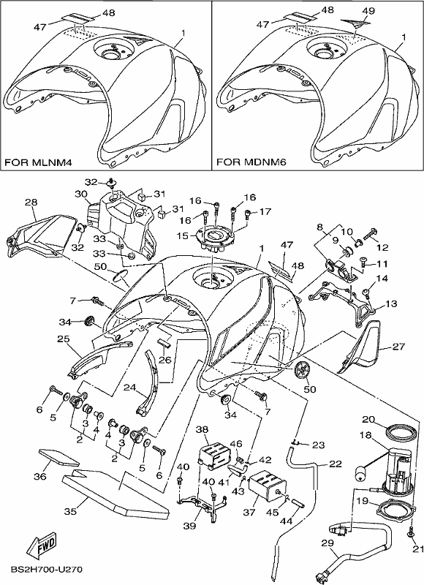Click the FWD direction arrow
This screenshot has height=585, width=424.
pyautogui.click(x=44, y=545)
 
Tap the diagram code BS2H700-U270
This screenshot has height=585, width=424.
pyautogui.click(x=47, y=570)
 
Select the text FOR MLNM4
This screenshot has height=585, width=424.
pyautogui.click(x=38, y=162)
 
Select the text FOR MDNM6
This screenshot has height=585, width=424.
pyautogui.click(x=251, y=162)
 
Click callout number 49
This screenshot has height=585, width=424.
pyautogui.click(x=368, y=11)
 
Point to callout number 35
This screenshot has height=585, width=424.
pyautogui.click(x=70, y=511)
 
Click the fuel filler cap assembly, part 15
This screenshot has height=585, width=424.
pyautogui.click(x=213, y=240)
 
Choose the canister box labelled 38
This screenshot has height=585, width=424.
pyautogui.click(x=213, y=454)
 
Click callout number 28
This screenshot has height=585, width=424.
pyautogui.click(x=31, y=203)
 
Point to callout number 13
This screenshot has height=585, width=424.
pyautogui.click(x=391, y=303)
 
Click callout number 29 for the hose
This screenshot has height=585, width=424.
pyautogui.click(x=328, y=543)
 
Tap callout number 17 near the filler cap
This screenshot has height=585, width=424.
pyautogui.click(x=265, y=211)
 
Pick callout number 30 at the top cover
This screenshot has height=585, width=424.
pyautogui.click(x=81, y=194)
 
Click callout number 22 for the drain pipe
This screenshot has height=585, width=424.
pyautogui.click(x=336, y=464)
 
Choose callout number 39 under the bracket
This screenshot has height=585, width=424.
pyautogui.click(x=189, y=526)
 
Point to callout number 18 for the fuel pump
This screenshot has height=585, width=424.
pyautogui.click(x=366, y=435)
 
